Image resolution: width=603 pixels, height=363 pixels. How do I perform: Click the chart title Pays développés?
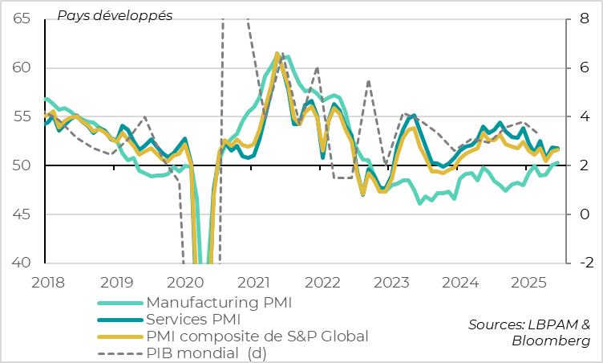tap(114, 15)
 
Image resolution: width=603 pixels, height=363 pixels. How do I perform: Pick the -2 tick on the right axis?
tap(583, 263)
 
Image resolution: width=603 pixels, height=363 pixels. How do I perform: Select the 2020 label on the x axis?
tap(184, 282)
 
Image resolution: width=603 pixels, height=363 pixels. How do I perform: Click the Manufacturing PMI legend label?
tap(219, 303)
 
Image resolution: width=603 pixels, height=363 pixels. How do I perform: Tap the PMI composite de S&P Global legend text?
tap(257, 336)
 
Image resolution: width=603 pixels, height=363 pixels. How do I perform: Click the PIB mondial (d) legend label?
tap(206, 353)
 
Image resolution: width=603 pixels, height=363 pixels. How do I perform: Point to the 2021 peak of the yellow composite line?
tap(277, 54)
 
